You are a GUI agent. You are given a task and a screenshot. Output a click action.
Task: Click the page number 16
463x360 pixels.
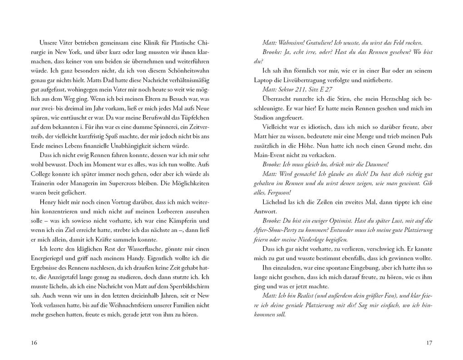(34, 343)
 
